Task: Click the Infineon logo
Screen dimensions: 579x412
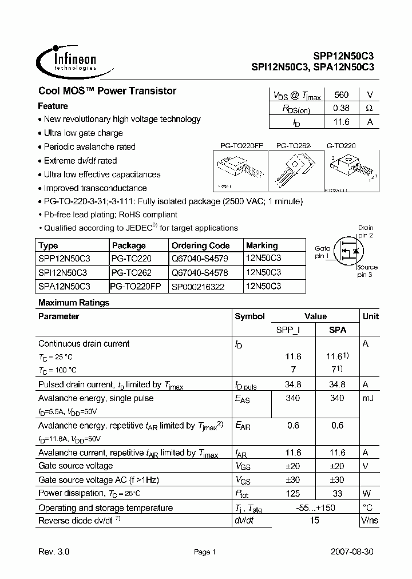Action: [66, 60]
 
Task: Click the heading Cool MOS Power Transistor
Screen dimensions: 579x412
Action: [107, 91]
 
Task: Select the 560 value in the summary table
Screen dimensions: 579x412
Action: [340, 95]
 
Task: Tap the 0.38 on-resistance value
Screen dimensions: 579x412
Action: [340, 108]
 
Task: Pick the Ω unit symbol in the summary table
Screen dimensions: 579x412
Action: [369, 108]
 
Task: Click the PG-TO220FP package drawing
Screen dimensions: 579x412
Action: [241, 170]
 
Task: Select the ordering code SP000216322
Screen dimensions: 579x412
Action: [198, 287]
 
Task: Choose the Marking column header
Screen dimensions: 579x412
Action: [262, 245]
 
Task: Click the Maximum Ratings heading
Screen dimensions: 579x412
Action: [73, 303]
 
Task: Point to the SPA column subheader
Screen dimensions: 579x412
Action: [337, 330]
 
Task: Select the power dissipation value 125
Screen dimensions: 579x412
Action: [292, 493]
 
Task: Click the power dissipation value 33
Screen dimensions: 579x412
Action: [337, 493]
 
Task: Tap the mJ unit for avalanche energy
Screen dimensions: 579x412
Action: [369, 398]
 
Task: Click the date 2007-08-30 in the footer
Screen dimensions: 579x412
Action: [352, 552]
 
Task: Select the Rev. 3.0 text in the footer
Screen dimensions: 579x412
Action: [54, 552]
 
